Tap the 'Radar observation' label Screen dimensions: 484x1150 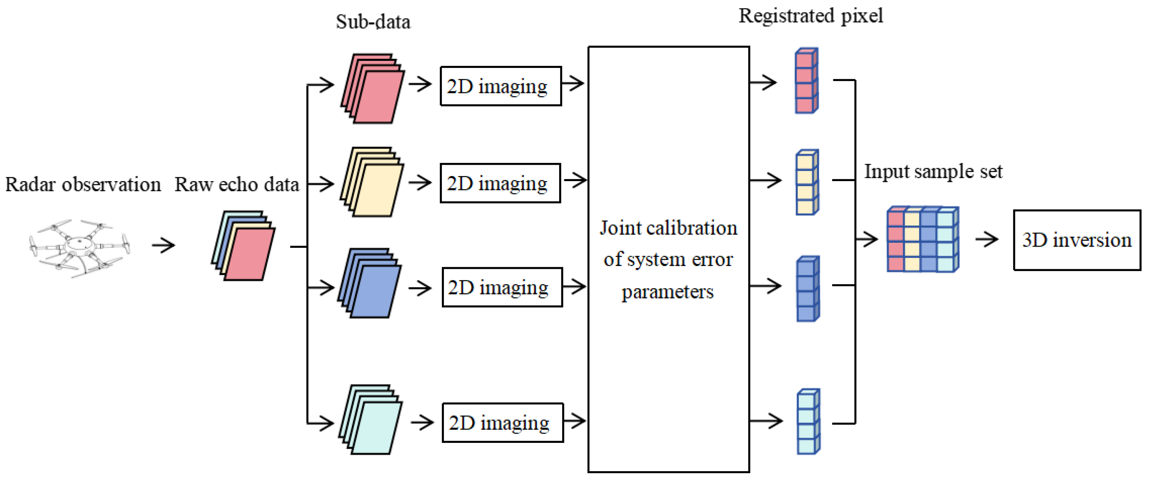[x=83, y=185]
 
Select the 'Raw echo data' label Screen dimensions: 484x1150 [x=237, y=185]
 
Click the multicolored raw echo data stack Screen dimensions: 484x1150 [x=243, y=246]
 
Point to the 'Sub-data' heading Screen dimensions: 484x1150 [x=373, y=22]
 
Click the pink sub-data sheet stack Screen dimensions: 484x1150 [x=372, y=89]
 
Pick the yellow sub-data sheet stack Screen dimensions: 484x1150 [x=372, y=182]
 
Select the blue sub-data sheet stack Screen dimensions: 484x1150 [x=370, y=283]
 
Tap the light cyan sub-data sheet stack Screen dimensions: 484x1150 [x=370, y=420]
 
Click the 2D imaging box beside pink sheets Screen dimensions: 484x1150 [x=501, y=86]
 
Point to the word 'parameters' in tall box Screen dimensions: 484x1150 [x=667, y=292]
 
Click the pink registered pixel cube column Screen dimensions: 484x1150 [x=806, y=81]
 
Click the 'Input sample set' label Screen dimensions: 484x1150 [x=933, y=172]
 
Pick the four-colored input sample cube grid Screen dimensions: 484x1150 [x=922, y=240]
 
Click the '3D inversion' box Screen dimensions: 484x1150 [x=1076, y=240]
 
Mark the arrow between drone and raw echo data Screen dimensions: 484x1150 [x=163, y=245]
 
